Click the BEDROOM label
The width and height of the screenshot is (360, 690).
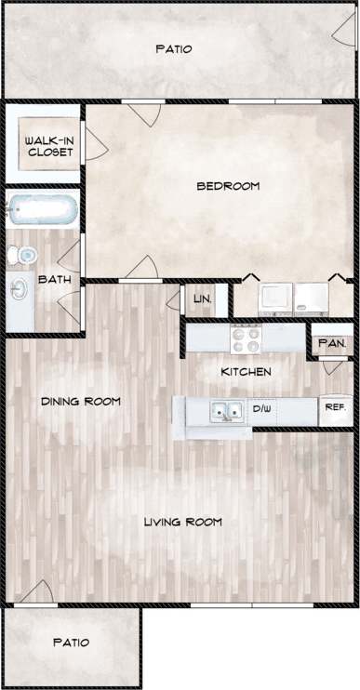[x=227, y=186]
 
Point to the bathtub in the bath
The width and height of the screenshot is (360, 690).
[x=43, y=210]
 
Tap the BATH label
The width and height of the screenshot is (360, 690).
[x=49, y=278]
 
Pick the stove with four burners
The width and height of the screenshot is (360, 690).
[x=247, y=338]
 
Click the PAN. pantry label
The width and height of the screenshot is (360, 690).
[x=332, y=343]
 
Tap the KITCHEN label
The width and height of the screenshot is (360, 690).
[x=246, y=372]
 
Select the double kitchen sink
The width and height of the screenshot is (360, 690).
[x=223, y=410]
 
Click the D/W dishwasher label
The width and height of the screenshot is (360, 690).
[x=261, y=408]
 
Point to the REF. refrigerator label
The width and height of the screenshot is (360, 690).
[x=335, y=406]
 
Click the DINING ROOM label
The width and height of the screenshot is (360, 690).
[x=82, y=402]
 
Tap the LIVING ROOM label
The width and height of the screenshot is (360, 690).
[x=182, y=522]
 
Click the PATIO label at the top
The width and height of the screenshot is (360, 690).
[x=174, y=49]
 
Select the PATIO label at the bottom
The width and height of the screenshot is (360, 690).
[x=71, y=643]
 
